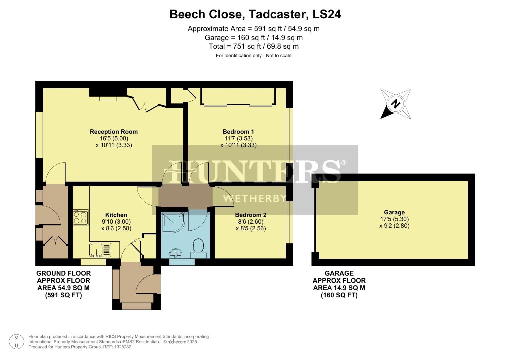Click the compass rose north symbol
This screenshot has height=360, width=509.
(396, 104)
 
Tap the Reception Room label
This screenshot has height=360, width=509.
(114, 132)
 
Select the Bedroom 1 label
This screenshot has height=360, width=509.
(238, 132)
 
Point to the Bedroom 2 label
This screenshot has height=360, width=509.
(251, 215)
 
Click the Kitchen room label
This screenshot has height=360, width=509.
(116, 215)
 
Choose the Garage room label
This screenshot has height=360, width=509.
(394, 212)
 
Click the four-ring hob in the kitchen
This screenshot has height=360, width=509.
(81, 217)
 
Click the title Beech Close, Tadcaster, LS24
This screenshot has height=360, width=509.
(255, 14)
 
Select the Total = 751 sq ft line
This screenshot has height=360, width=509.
(254, 46)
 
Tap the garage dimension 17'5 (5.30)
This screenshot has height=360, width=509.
(394, 219)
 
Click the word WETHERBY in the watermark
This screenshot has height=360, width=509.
(255, 199)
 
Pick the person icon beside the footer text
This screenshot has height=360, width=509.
(16, 342)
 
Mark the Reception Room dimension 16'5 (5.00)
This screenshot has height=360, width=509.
(114, 138)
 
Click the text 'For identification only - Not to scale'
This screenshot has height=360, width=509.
(254, 56)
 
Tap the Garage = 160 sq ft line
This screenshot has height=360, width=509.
(254, 38)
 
